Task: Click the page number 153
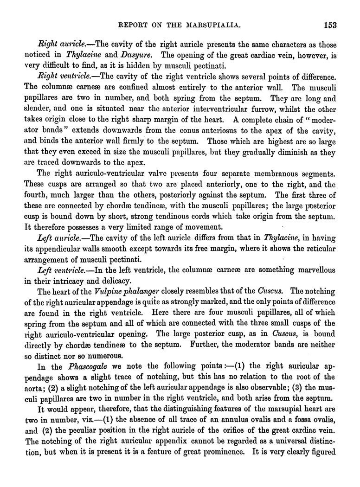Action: click(x=330, y=25)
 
